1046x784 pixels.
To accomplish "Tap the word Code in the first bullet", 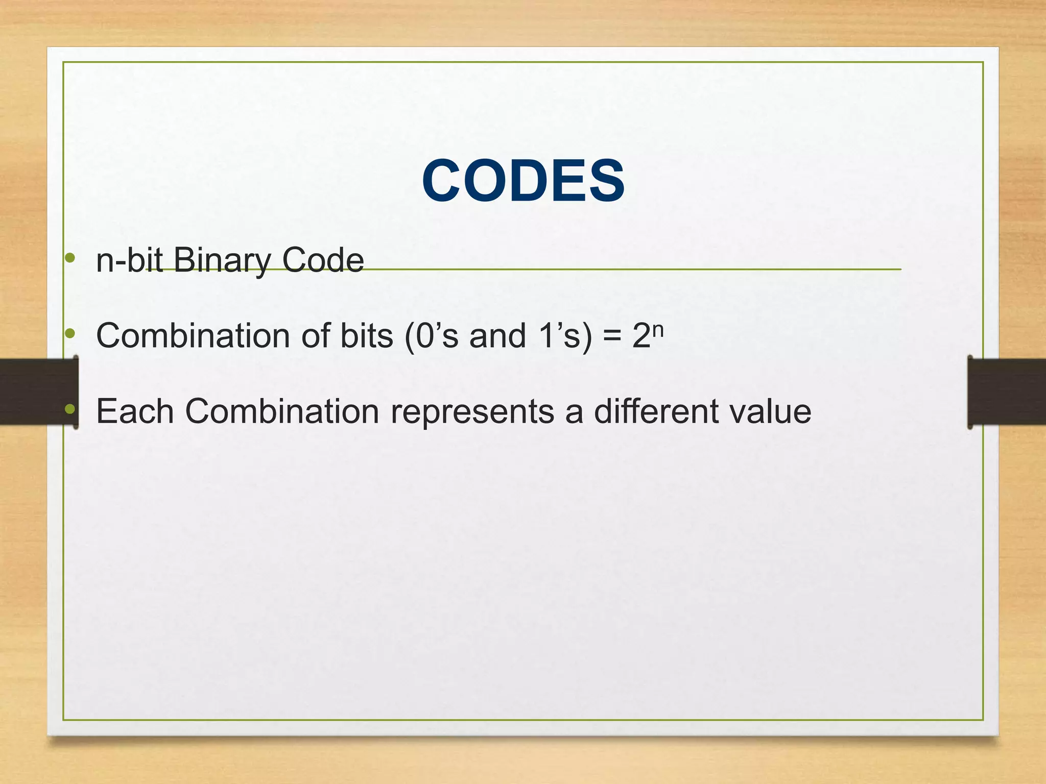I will (322, 260).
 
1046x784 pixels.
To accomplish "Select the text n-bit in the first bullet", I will (129, 260).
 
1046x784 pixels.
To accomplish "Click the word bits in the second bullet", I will (367, 336).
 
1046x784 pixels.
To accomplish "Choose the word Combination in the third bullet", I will (282, 411).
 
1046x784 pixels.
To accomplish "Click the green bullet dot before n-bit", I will (70, 258).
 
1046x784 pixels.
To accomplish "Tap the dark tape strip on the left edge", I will (36, 391).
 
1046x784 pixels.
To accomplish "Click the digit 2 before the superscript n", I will (641, 337).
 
